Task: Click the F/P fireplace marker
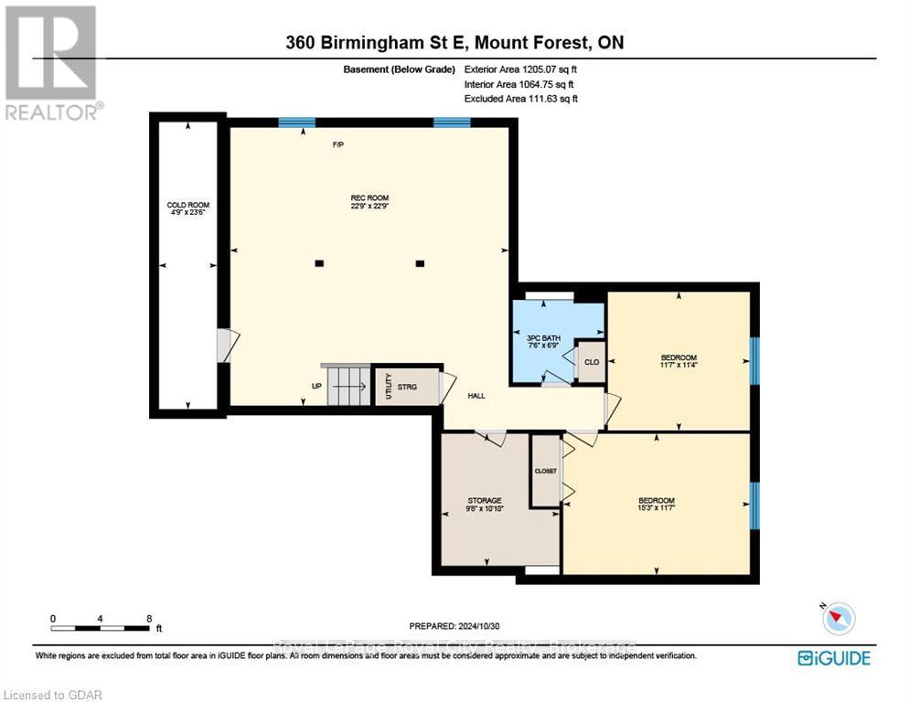[x=337, y=145]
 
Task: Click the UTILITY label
[x=389, y=386]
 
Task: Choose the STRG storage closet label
[x=408, y=387]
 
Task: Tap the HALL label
[x=476, y=396]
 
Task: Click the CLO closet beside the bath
[x=591, y=362]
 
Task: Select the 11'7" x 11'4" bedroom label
[x=679, y=362]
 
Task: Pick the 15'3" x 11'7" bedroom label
[x=656, y=505]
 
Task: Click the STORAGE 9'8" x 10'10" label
[x=485, y=505]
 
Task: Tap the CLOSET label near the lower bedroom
[x=546, y=471]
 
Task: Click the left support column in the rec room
[x=319, y=263]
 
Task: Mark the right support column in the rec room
[x=420, y=263]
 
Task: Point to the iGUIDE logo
[x=833, y=657]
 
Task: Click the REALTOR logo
[x=52, y=63]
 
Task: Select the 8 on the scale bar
[x=149, y=618]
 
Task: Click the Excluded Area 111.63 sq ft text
[x=520, y=98]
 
